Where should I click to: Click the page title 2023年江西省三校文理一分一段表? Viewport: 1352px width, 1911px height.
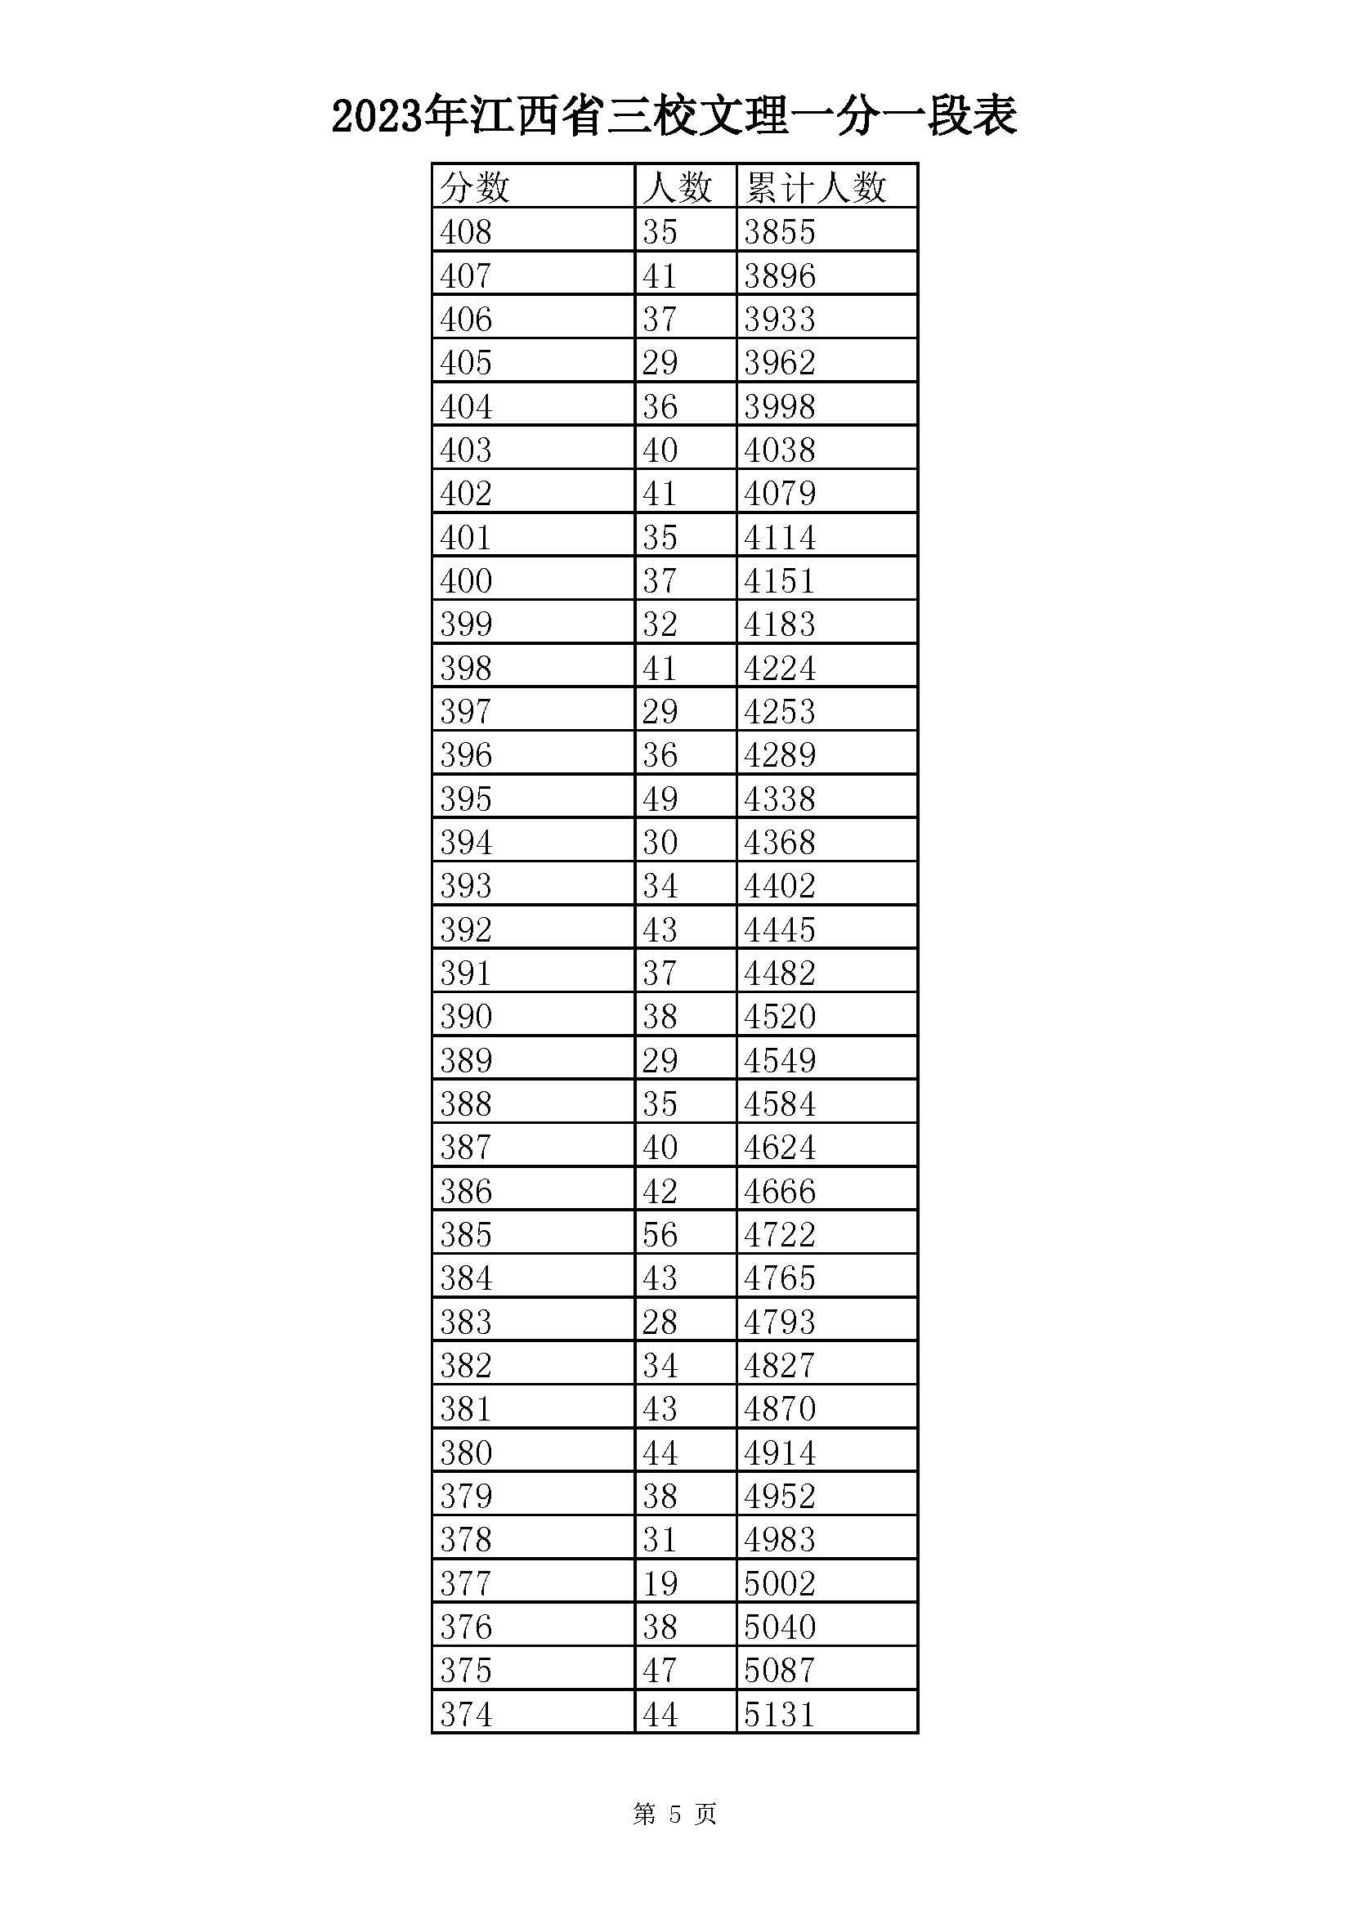(x=674, y=116)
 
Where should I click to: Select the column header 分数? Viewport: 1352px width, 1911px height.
(x=475, y=186)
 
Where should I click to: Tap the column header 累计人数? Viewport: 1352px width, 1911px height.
(x=816, y=186)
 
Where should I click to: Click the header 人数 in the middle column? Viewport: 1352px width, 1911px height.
(x=678, y=186)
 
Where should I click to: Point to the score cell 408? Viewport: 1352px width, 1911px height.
(x=466, y=231)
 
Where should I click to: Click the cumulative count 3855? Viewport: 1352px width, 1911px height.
(x=779, y=231)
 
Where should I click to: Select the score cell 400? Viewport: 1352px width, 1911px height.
(x=466, y=580)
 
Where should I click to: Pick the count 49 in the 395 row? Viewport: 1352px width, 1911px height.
(x=660, y=799)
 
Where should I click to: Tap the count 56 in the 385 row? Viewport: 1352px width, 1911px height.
(x=660, y=1234)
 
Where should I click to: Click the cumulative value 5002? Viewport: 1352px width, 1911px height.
(x=779, y=1583)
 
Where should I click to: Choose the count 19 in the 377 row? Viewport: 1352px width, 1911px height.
(x=660, y=1583)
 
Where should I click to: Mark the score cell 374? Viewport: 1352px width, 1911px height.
(x=466, y=1715)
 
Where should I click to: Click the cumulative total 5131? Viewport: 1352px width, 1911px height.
(x=779, y=1715)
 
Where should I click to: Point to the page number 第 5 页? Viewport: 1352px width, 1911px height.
(x=674, y=1814)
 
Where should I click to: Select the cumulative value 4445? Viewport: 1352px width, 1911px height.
(x=779, y=929)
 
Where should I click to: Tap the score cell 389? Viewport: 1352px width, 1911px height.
(x=466, y=1060)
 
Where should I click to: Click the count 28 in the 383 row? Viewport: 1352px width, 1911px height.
(x=660, y=1322)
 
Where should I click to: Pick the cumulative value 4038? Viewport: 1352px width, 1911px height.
(x=779, y=450)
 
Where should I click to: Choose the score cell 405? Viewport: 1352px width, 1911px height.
(x=466, y=362)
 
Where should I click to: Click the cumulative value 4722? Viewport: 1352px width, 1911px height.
(x=779, y=1234)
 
